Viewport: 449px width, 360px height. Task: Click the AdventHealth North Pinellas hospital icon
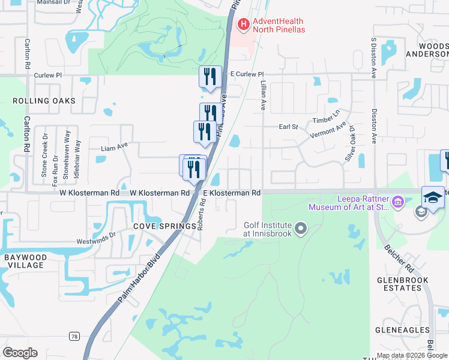[244, 25]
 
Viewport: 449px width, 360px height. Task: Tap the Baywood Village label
[25, 261]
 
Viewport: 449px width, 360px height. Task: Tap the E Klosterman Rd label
[232, 193]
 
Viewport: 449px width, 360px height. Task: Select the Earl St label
[289, 127]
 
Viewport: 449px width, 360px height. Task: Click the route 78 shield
[74, 336]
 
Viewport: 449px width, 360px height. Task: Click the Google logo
[20, 353]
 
